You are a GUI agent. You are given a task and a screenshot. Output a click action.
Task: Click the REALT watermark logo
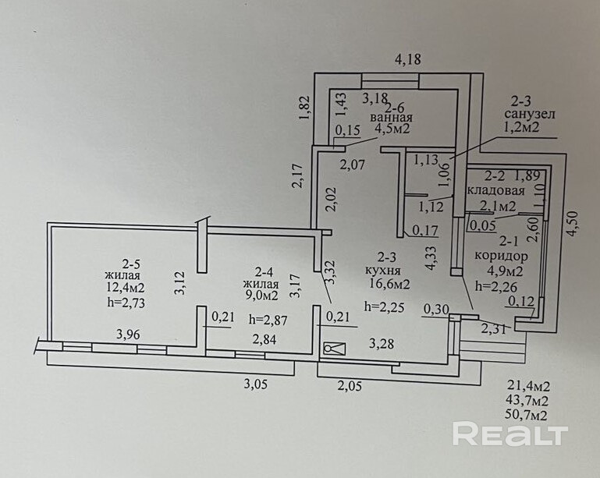pyautogui.click(x=510, y=434)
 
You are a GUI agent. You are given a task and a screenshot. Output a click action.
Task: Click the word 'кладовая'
pyautogui.click(x=491, y=191)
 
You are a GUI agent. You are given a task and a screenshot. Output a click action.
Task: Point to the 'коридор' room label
pyautogui.click(x=500, y=256)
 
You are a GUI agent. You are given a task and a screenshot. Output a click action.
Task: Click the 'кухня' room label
pyautogui.click(x=384, y=270)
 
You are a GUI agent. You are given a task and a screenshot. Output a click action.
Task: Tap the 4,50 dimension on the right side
pyautogui.click(x=573, y=224)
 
